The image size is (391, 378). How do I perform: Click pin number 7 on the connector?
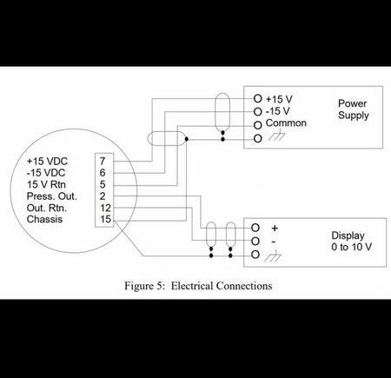tap(103, 161)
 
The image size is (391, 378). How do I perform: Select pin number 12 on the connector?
tap(105, 208)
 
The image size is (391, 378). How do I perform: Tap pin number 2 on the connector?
tap(103, 196)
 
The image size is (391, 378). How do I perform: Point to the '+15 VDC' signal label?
tap(47, 161)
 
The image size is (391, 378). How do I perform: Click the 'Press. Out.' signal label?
tap(52, 196)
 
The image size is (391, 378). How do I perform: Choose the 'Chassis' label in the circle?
tap(44, 219)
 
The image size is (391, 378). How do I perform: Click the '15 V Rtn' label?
tap(46, 184)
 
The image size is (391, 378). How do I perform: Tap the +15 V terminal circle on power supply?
tap(257, 98)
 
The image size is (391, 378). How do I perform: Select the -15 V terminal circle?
tap(257, 111)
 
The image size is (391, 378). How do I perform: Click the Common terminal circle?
tap(257, 125)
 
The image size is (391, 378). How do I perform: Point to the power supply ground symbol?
tap(276, 136)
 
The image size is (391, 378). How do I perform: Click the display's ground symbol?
tap(273, 256)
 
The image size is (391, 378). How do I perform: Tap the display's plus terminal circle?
tap(255, 228)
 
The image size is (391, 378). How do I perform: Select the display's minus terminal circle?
tap(255, 241)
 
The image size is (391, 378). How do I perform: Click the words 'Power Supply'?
tap(354, 109)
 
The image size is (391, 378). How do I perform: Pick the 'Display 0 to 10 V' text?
tap(352, 242)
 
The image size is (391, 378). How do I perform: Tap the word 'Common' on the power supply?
tap(286, 123)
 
